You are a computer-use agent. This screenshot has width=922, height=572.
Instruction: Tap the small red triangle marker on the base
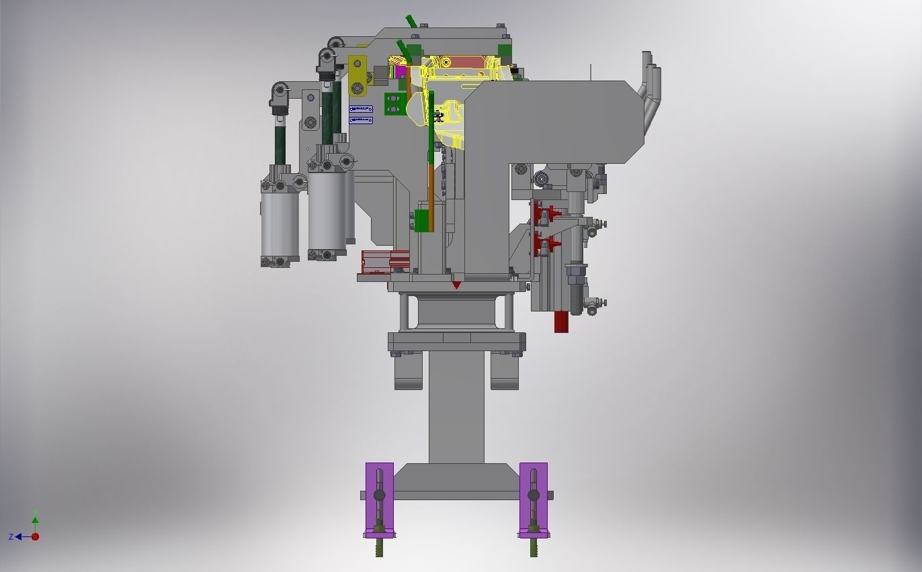tap(456, 285)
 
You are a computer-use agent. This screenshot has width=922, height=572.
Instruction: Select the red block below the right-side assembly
tap(562, 322)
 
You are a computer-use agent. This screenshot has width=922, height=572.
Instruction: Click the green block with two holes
tap(394, 103)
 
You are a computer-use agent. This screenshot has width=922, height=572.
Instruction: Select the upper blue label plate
tap(361, 109)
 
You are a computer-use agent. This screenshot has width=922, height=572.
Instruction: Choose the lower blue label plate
tap(361, 120)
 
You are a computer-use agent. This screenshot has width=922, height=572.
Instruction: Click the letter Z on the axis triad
tap(11, 537)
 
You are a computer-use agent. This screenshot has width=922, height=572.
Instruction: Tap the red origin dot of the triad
tap(36, 536)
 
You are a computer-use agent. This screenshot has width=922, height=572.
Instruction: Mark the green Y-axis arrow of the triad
tap(35, 519)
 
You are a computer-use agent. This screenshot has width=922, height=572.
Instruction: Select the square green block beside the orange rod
tap(421, 220)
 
